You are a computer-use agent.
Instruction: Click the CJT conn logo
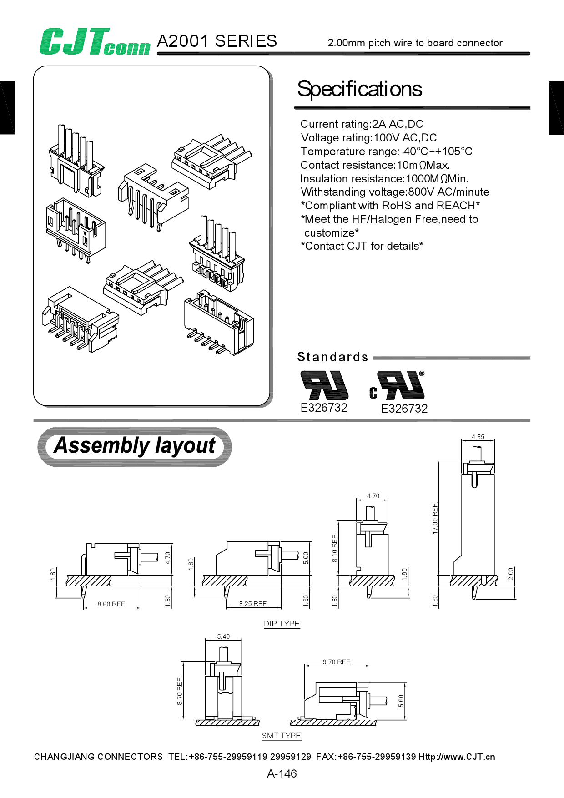coord(94,42)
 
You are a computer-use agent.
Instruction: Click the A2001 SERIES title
coord(217,41)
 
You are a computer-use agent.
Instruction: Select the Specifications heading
coord(359,89)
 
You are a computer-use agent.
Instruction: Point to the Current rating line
coord(362,124)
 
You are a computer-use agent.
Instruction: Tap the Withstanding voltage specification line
coord(395,192)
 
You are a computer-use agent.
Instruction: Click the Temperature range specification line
coord(386,152)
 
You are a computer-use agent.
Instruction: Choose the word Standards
coord(332,357)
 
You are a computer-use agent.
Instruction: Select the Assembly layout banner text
coord(135,446)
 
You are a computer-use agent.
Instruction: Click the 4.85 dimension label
coord(478,437)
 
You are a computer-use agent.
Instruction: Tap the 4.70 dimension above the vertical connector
coord(373,496)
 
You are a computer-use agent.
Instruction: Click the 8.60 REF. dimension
coord(111,604)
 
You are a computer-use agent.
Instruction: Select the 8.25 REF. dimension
coord(253,604)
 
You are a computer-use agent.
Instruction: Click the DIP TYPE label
coord(282,624)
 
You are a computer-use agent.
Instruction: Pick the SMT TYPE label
coord(281,736)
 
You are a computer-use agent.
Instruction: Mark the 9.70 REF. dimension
coord(337,662)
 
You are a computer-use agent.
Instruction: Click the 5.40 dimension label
coord(223,636)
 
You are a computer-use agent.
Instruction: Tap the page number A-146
coord(282,773)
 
